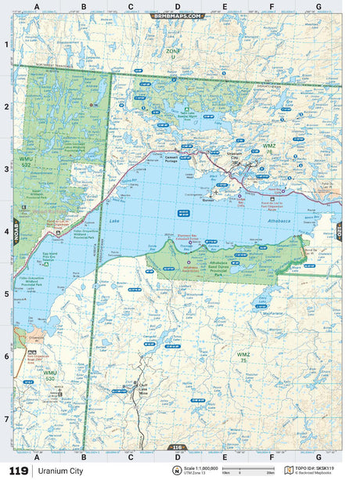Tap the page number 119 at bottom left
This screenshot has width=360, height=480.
pos(17,471)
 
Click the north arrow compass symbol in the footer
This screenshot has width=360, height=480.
pos(176,471)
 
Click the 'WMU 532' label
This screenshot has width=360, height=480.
pos(27,162)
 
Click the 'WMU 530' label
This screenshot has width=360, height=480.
pos(50,376)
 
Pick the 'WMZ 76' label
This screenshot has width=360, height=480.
pos(268,148)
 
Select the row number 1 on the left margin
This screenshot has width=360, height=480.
pos(6,45)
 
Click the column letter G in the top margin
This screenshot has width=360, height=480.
pos(318,6)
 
